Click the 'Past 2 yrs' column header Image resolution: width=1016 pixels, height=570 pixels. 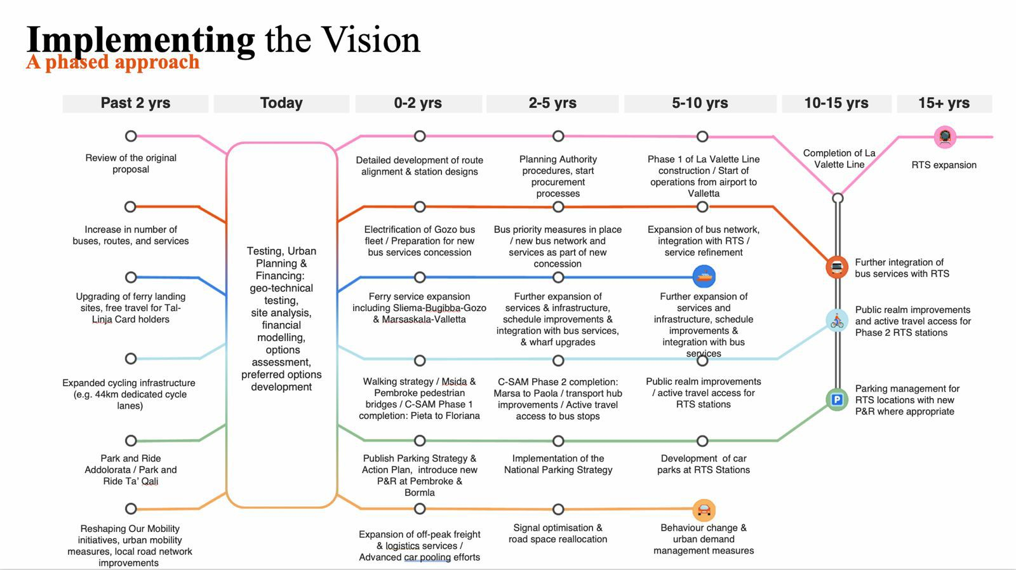[x=135, y=103]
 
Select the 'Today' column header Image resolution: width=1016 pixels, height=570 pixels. [x=281, y=103]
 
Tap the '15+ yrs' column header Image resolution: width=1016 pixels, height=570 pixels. [x=944, y=103]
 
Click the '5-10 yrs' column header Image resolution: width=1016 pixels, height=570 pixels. [x=700, y=103]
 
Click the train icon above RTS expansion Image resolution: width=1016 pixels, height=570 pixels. [x=945, y=136]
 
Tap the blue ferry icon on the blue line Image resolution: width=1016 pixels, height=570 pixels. [x=704, y=277]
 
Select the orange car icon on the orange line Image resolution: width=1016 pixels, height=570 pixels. [x=703, y=510]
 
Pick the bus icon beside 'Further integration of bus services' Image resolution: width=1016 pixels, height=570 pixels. [x=837, y=267]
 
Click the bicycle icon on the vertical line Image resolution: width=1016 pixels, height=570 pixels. [x=837, y=321]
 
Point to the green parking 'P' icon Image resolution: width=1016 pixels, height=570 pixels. [x=837, y=400]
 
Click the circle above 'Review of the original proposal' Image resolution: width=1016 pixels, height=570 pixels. [x=131, y=136]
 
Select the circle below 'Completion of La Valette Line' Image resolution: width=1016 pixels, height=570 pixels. [x=838, y=198]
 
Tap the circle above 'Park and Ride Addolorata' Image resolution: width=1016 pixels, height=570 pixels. [x=131, y=441]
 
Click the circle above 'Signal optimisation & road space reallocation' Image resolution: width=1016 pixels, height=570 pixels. [x=558, y=509]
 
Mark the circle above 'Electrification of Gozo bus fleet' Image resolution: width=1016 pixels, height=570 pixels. [x=420, y=207]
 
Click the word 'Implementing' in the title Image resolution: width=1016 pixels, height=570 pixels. [x=140, y=39]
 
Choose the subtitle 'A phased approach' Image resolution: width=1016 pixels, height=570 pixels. [x=113, y=62]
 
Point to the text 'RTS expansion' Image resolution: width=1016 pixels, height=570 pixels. [x=944, y=165]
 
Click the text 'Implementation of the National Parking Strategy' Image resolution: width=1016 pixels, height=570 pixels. [x=558, y=464]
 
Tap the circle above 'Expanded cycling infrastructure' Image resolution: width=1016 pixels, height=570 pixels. [x=131, y=359]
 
